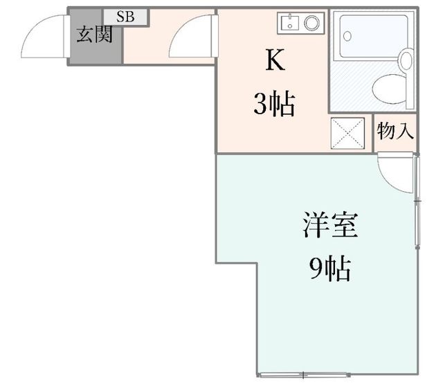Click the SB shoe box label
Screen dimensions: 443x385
pyautogui.click(x=125, y=17)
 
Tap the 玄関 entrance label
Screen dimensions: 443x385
pyautogui.click(x=95, y=35)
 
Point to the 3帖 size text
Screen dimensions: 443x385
pyautogui.click(x=274, y=104)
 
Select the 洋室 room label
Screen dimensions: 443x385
pyautogui.click(x=330, y=225)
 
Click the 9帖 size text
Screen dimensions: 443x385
pyautogui.click(x=330, y=269)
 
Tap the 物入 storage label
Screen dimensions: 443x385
pyautogui.click(x=395, y=131)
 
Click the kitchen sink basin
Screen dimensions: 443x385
pyautogui.click(x=290, y=22)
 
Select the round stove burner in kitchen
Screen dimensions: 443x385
pyautogui.click(x=312, y=23)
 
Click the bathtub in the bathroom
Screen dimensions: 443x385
pyautogui.click(x=374, y=36)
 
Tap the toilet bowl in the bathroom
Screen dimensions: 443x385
pyautogui.click(x=389, y=89)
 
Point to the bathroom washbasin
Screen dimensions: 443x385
pyautogui.click(x=406, y=59)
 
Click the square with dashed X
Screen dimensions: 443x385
pyautogui.click(x=347, y=133)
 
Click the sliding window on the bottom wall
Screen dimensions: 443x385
pyautogui.click(x=303, y=375)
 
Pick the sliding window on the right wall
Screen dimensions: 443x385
pyautogui.click(x=417, y=202)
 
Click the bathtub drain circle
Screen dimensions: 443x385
pyautogui.click(x=347, y=36)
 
